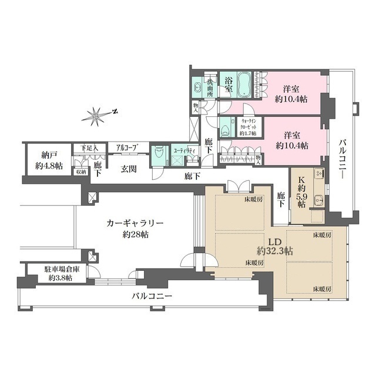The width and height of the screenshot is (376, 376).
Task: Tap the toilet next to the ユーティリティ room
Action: pyautogui.click(x=158, y=153)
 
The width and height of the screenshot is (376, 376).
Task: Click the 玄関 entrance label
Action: pyautogui.click(x=129, y=169)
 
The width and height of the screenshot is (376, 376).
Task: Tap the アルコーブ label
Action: pyautogui.click(x=127, y=147)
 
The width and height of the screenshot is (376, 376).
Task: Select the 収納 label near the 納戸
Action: pyautogui.click(x=80, y=172)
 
